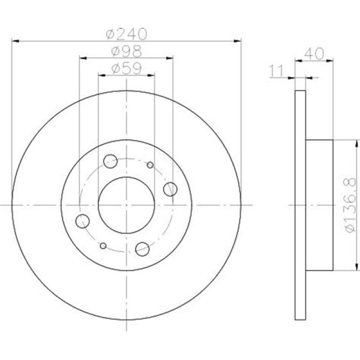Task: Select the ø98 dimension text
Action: pyautogui.click(x=126, y=52)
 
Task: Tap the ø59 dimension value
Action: pyautogui.click(x=126, y=68)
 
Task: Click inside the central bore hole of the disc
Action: pyautogui.click(x=127, y=205)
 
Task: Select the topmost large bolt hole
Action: pyautogui.click(x=110, y=161)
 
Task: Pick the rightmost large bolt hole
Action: pyautogui.click(x=170, y=189)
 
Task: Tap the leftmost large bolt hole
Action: pyautogui.click(x=83, y=220)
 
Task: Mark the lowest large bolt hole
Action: pyautogui.click(x=143, y=248)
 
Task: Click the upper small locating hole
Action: pyautogui.click(x=150, y=165)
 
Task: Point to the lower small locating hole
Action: pyautogui.click(x=103, y=245)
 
